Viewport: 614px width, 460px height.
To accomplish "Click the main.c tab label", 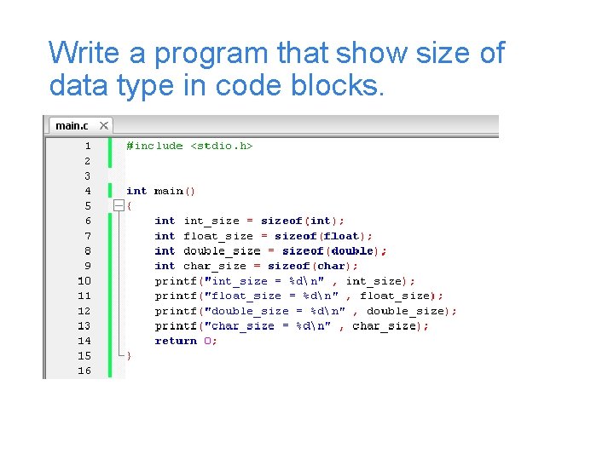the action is [x=71, y=126].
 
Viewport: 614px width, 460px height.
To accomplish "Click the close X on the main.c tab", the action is [x=104, y=126].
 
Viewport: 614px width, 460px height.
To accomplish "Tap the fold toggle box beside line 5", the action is [x=119, y=206].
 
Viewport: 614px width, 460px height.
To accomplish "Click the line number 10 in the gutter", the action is [x=84, y=281].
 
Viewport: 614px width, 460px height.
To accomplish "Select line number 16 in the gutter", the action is [x=84, y=371].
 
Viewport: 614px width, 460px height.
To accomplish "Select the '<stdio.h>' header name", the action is [x=222, y=146].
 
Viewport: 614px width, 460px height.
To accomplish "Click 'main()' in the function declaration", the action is [x=175, y=191].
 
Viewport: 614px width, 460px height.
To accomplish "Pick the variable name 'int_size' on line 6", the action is [x=211, y=221].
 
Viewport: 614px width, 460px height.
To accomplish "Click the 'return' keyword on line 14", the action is [x=176, y=341].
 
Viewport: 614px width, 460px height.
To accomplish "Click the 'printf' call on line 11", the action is [x=172, y=296].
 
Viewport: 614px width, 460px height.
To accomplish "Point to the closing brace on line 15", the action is [x=130, y=356].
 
